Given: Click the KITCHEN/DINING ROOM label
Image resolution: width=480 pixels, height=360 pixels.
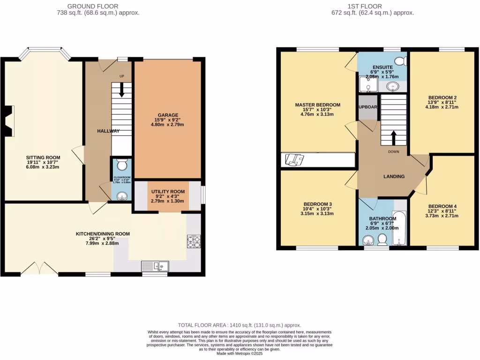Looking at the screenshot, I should pyautogui.click(x=103, y=233).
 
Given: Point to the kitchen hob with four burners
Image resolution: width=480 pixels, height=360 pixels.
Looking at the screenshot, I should pyautogui.click(x=194, y=241).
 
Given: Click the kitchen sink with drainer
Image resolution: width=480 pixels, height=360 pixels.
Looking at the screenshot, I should pyautogui.click(x=155, y=266).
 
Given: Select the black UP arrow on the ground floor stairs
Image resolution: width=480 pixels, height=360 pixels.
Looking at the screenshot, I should pyautogui.click(x=122, y=90).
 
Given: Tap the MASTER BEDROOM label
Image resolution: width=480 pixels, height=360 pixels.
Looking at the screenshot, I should pyautogui.click(x=317, y=105).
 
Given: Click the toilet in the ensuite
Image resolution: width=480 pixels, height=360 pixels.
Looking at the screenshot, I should pyautogui.click(x=401, y=61).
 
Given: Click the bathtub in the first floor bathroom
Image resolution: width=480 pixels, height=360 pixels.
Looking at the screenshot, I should pyautogui.click(x=399, y=229).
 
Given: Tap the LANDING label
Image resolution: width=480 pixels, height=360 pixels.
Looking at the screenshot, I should pyautogui.click(x=394, y=177).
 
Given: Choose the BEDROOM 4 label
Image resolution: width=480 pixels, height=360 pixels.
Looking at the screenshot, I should pyautogui.click(x=442, y=206).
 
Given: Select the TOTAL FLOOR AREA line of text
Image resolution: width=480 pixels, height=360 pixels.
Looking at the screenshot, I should pyautogui.click(x=239, y=325).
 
